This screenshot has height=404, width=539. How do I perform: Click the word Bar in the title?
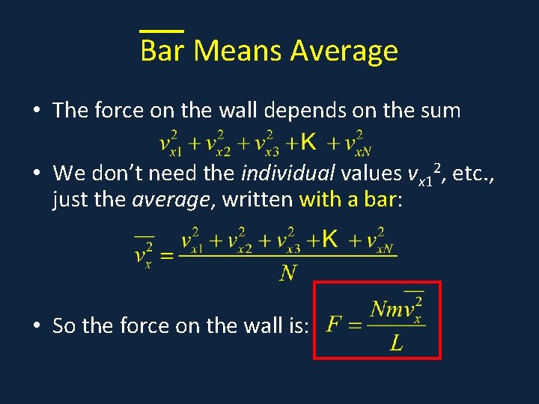162,51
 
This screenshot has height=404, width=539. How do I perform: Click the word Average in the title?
344,51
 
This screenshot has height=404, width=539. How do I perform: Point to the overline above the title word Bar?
162,31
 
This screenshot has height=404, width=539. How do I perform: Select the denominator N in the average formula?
287,273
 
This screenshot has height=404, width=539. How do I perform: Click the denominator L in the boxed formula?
397,343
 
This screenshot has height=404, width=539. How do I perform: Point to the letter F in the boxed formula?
334,326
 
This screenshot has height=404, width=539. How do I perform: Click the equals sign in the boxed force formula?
356,327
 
